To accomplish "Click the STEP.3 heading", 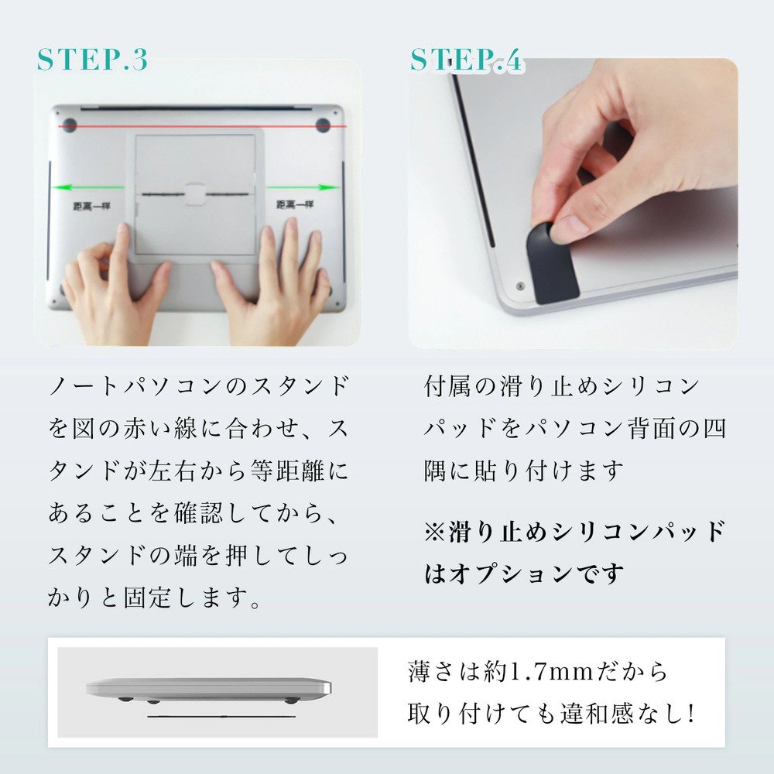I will (92, 60).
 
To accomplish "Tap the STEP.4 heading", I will (467, 60).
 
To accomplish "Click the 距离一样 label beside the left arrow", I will (86, 205).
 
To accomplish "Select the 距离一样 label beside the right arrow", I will (295, 205).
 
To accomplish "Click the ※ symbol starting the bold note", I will (434, 532).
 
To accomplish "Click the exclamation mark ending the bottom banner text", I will (691, 714).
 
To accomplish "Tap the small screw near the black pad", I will (519, 286).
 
